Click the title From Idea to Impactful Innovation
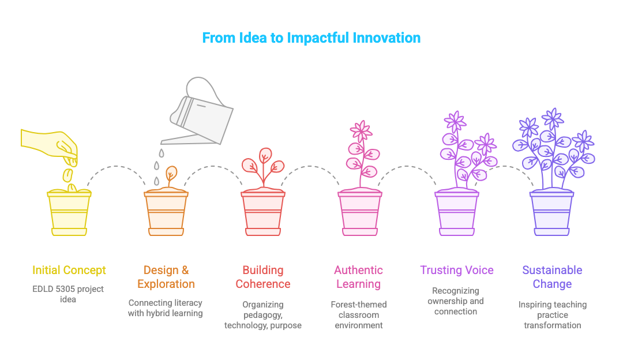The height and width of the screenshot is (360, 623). coord(311,38)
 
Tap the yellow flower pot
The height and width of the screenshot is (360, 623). coord(69,212)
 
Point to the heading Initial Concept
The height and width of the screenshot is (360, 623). coord(69,270)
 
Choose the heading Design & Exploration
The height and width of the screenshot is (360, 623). coord(166,277)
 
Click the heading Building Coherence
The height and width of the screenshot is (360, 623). coord(263,277)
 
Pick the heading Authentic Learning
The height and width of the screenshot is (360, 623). coord(358,277)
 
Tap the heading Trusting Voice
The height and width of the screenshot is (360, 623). coord(457,270)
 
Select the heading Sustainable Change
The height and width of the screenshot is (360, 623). coord(552,277)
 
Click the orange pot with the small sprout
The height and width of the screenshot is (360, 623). coord(166,212)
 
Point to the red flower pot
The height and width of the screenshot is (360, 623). coord(263,212)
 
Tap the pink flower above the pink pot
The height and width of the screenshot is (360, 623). coord(362,132)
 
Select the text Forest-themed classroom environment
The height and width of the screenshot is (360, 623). coord(358,314)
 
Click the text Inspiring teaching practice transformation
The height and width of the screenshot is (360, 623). coord(552,314)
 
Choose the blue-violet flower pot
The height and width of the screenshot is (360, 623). coord(552,212)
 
